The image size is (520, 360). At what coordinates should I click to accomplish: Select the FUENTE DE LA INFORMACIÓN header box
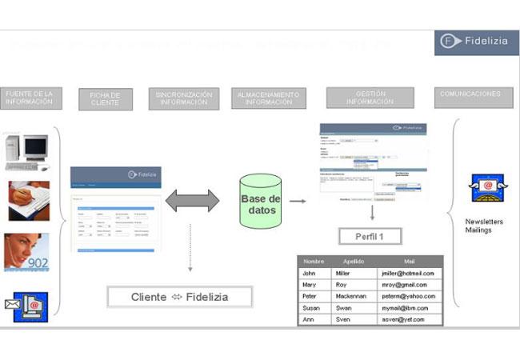[30, 98]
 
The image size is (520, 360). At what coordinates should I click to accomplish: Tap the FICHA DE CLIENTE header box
[106, 99]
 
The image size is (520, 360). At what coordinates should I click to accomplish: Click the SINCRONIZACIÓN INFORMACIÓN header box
[183, 98]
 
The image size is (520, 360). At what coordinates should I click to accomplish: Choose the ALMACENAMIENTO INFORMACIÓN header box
[269, 98]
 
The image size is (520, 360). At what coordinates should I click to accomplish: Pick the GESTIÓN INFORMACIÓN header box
[370, 98]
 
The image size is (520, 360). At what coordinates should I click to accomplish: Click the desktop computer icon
[26, 152]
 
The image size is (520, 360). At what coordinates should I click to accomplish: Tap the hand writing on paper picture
[28, 200]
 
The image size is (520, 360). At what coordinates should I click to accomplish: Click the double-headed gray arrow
[192, 201]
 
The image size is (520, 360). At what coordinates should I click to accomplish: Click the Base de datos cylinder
[261, 201]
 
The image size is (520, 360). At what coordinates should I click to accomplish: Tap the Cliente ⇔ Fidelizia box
[180, 297]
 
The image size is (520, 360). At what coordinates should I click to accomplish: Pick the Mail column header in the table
[410, 261]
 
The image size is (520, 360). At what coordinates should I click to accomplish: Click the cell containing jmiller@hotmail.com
[410, 273]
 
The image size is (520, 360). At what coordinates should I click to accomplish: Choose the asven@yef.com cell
[410, 319]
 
